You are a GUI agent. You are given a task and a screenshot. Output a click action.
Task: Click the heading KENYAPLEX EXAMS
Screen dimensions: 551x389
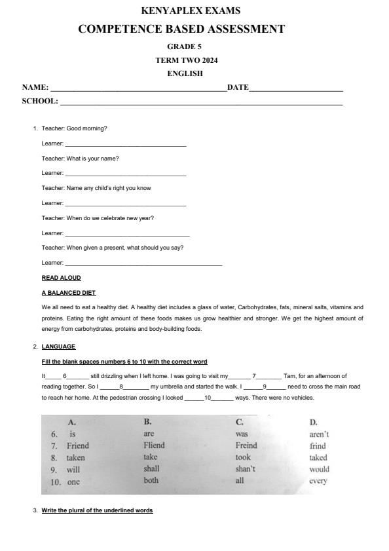coord(191,10)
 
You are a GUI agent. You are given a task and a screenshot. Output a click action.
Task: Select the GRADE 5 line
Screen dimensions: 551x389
coord(185,47)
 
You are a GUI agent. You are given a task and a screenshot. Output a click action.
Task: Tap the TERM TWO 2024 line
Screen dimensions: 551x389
coord(186,60)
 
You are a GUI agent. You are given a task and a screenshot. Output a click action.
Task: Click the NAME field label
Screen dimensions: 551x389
coord(35,87)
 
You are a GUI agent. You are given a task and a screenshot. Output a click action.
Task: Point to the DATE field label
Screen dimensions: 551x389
coord(238,87)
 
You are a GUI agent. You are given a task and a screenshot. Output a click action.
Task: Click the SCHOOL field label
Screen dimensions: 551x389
coord(40,102)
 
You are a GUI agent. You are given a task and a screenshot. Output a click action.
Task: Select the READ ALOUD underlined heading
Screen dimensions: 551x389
coord(61,278)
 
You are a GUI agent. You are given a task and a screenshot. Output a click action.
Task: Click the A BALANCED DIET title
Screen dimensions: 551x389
coord(69,292)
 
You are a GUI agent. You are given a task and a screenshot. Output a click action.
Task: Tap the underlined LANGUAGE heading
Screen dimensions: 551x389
coord(58,347)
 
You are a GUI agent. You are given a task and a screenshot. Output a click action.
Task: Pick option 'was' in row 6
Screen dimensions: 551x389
coord(242,434)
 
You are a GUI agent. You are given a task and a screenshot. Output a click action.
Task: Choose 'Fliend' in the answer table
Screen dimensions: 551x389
coord(154,446)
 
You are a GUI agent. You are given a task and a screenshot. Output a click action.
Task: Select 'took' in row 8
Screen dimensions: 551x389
coord(243,457)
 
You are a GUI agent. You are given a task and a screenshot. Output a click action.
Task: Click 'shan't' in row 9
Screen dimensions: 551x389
coord(245,469)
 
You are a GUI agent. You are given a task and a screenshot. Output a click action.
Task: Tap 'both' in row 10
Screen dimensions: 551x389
coord(151,480)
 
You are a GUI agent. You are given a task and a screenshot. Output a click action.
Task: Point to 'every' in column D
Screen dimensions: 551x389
coord(318,481)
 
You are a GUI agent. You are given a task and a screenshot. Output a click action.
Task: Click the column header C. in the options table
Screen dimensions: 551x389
coord(240,422)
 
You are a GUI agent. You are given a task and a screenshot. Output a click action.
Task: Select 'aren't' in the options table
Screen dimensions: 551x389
coord(319,434)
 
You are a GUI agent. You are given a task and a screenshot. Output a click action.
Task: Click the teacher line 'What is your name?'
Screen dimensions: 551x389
coord(80,158)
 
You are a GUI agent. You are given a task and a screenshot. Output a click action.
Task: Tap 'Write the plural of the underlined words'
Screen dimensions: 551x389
coord(97,510)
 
